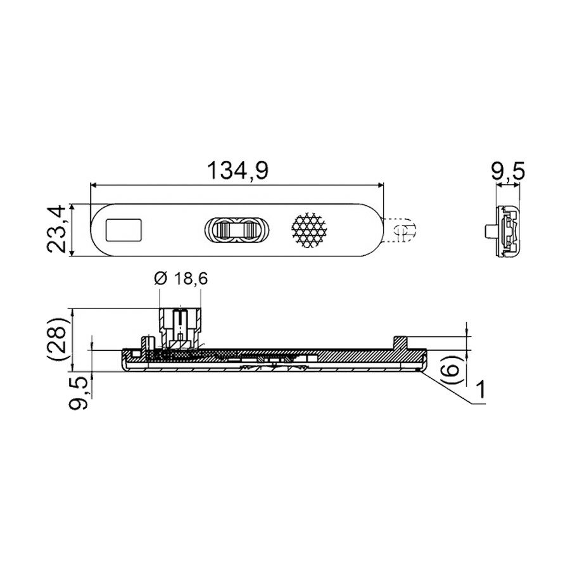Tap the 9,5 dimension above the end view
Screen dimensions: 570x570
click(508, 171)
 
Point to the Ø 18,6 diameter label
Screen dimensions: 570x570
click(181, 279)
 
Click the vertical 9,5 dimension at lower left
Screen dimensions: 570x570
click(79, 393)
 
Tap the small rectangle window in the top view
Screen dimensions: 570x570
click(123, 230)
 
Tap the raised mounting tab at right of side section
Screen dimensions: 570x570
click(400, 342)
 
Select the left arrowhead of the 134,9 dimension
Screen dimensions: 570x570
click(94, 186)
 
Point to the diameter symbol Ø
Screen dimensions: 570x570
click(160, 279)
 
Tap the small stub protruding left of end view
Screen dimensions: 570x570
click(490, 230)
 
